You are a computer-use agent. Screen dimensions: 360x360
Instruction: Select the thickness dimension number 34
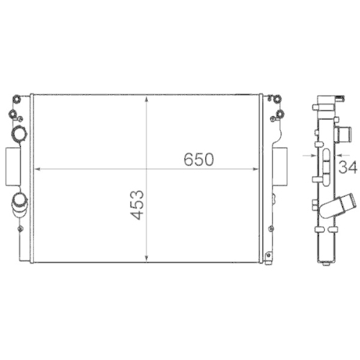point(348,168)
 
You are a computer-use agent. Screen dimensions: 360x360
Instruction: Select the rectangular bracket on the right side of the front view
point(279,166)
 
